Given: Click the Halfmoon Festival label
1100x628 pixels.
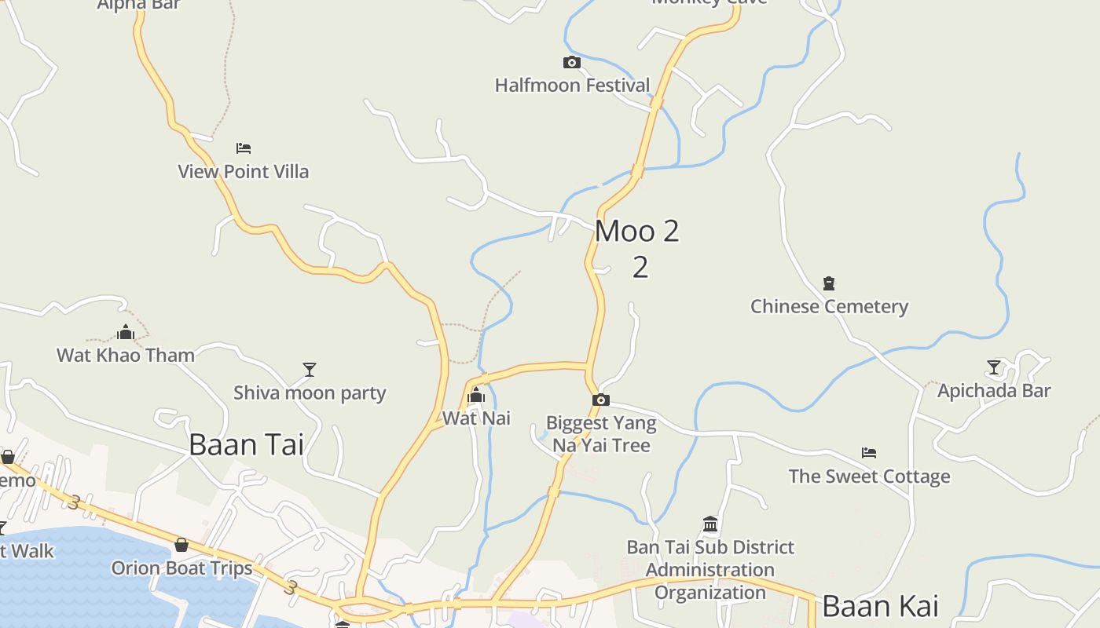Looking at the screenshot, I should pos(572,85).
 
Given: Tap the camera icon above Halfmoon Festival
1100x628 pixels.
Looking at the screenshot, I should pos(571,62).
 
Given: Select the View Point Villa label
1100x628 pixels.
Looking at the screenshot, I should pos(244,171).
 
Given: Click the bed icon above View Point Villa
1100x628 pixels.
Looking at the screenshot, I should pos(244,148).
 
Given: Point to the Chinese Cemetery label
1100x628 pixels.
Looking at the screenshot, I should pos(829,306).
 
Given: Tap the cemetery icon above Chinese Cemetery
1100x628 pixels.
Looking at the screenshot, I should pos(828,283).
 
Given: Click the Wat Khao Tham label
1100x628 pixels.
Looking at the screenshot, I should pos(126,355).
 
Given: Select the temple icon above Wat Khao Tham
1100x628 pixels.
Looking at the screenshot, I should pos(126,332).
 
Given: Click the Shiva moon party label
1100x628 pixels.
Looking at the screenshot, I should pos(310,392).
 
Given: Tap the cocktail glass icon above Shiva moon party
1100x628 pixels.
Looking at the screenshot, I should pos(310,369).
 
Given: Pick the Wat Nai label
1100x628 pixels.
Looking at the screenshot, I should pos(476,418).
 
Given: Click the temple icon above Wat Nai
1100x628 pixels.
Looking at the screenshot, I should pos(476,395).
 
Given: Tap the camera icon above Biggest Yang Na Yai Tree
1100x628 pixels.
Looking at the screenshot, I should pos(601,400).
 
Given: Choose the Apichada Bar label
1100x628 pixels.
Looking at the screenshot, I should pos(994,390).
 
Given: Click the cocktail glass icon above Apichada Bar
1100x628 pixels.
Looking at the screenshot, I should pos(994,367).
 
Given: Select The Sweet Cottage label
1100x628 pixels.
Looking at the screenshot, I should pos(869,476).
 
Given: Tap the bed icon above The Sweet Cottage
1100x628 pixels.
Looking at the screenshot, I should pos(868,453).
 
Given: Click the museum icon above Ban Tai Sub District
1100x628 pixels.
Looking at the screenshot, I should pos(710,524).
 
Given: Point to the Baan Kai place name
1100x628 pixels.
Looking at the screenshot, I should pos(880,606).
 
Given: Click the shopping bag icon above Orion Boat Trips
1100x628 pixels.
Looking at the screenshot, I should pos(181,545).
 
